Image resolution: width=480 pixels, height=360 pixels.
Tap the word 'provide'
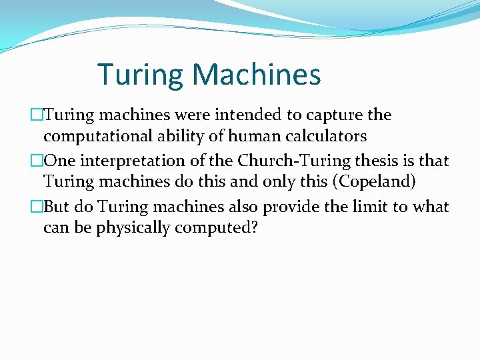click(x=287, y=207)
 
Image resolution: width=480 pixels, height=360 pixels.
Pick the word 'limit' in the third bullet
click(x=369, y=207)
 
